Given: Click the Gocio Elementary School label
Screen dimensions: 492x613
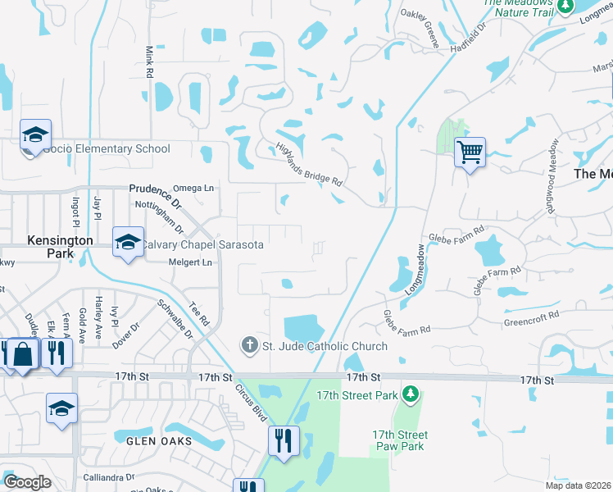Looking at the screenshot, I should (106, 148).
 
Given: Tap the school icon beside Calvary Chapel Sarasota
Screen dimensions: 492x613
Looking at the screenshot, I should (128, 242).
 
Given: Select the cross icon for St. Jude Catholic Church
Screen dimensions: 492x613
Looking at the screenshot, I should (250, 346).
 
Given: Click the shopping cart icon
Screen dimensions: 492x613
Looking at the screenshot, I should (470, 152).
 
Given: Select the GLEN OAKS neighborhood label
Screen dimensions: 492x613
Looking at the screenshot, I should (159, 441).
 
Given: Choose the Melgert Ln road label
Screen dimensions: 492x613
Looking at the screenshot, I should (190, 262).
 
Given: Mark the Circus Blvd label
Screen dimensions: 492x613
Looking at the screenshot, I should (252, 403).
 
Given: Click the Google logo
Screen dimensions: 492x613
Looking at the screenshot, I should (27, 481).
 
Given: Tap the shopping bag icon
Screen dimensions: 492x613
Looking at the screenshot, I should (23, 354).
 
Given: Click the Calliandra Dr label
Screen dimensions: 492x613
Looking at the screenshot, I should (108, 476).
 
